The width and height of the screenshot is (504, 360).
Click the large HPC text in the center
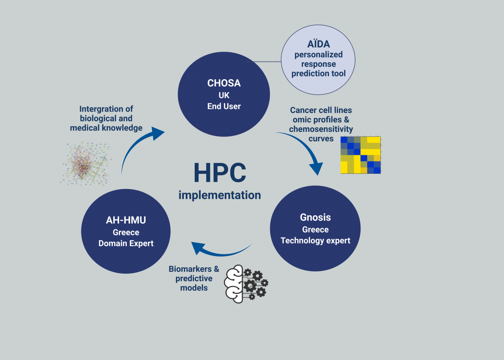pos(220,173)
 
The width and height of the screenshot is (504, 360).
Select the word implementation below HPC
pos(219,195)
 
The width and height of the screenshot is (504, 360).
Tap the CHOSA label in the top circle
pos(224,83)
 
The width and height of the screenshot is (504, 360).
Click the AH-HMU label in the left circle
pos(126,220)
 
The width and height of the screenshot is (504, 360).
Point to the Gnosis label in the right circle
pos(315,217)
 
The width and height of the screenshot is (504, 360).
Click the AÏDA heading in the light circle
pos(318,44)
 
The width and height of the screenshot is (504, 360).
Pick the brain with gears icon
pos(246,284)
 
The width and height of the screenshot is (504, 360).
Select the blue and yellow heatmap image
pos(361,155)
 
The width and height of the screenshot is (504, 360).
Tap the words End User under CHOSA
pos(224,106)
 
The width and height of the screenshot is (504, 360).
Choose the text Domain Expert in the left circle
pos(126,243)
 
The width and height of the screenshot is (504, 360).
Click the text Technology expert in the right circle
pos(315,241)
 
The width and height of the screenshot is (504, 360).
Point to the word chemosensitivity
pos(321,129)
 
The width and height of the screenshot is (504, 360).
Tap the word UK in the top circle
pos(224,95)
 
